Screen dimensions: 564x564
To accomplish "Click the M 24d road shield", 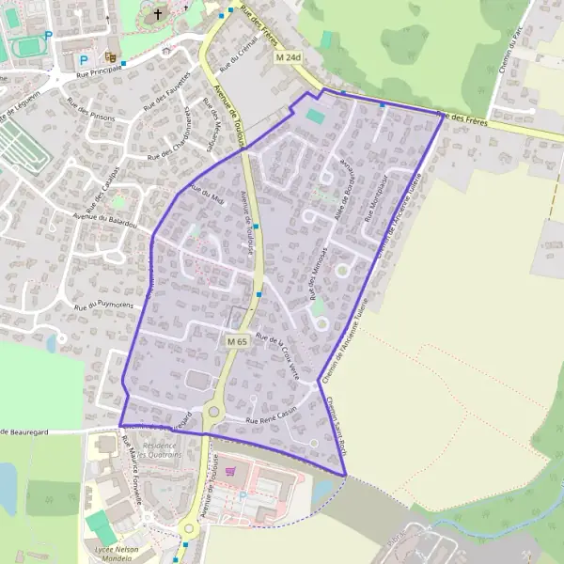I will point(289,57).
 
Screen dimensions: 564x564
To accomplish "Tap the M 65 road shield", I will point(237,342).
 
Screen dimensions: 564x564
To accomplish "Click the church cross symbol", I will point(158,14).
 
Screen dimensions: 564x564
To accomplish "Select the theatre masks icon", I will point(111,56).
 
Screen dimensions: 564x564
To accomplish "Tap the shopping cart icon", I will point(230,471).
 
